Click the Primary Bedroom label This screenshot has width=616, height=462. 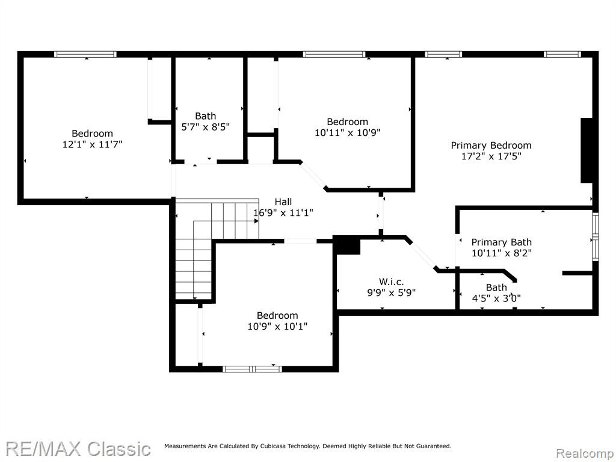coord(491,146)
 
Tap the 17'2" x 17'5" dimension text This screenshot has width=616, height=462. coord(491,156)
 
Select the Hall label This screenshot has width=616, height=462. coord(283,202)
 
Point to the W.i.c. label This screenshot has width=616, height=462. coord(391,282)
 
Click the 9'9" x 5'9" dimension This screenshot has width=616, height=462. coord(391,293)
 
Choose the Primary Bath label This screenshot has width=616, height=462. coord(501,242)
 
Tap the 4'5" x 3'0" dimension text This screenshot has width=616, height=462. coord(496,298)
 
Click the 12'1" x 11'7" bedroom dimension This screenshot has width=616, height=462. coord(92,144)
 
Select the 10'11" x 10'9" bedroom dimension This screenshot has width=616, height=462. coord(348,133)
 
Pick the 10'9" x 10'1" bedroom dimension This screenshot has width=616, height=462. coord(277,327)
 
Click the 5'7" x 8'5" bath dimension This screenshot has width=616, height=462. coord(206,127)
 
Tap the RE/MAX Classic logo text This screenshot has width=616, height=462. coord(78,449)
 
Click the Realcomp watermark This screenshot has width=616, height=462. coord(585,454)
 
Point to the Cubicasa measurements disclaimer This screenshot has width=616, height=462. coord(307,446)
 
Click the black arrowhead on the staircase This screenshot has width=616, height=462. coord(256,221)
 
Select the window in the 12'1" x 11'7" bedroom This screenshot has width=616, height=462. coord(85,54)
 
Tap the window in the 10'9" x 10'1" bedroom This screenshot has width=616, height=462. coord(252,369)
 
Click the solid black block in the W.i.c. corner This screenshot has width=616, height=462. coord(347,246)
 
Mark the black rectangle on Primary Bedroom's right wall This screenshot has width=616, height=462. coord(587,150)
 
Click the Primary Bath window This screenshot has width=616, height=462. coord(596,236)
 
